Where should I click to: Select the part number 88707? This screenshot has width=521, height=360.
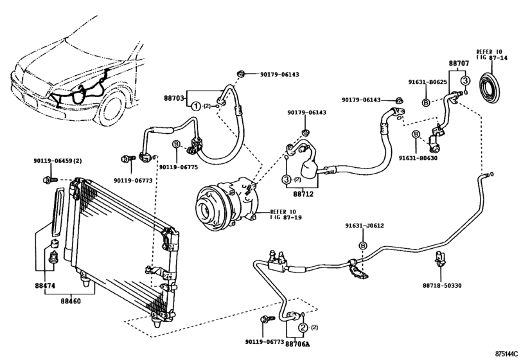click(458, 64)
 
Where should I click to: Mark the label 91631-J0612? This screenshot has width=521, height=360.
click(363, 225)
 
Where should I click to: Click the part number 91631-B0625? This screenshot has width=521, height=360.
click(428, 82)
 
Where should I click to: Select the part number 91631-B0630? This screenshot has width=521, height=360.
click(418, 157)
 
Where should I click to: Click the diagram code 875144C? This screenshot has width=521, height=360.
click(506, 353)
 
